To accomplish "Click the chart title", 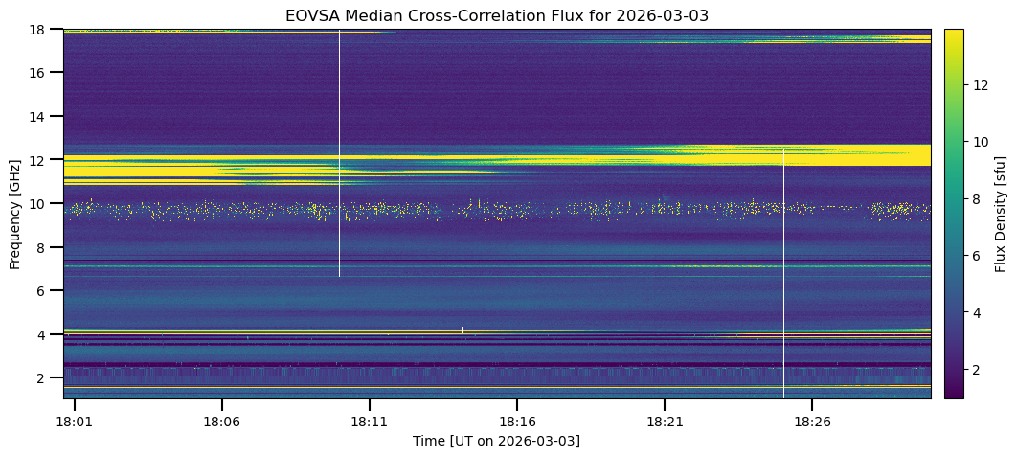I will [496, 15].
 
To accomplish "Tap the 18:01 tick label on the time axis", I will [75, 421].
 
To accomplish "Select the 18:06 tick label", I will [222, 421].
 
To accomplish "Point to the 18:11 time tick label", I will [370, 421].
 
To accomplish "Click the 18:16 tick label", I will [517, 421].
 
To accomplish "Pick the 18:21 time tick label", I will [665, 421].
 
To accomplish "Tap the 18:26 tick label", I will [812, 421].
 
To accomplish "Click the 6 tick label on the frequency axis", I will [41, 290].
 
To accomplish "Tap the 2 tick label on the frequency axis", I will [41, 377].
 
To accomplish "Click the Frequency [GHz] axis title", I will [15, 213].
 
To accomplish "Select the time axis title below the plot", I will [496, 441].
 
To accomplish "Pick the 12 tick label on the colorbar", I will [982, 84].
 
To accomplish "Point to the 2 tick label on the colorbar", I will [978, 369].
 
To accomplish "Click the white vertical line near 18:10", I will [339, 153].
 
